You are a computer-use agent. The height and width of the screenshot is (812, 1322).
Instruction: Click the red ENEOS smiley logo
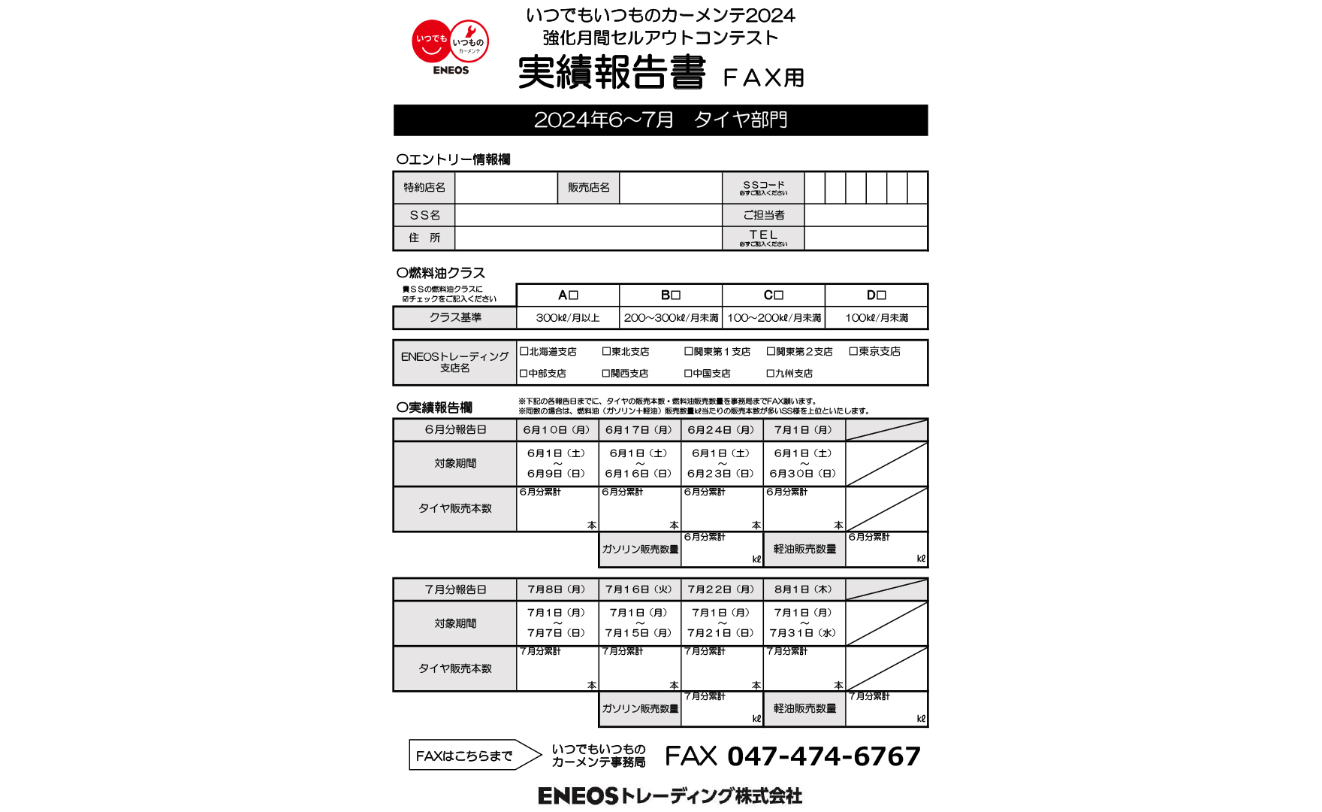coord(450,45)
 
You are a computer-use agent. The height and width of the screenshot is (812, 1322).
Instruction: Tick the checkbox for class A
coord(574,295)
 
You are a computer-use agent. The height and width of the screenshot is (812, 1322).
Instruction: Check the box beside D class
coord(882,295)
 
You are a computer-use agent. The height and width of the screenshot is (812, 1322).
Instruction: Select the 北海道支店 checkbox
coord(524,351)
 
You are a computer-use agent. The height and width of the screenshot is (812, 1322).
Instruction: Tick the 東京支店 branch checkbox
coord(853,351)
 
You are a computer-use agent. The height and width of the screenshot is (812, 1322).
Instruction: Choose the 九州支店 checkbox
coord(771,373)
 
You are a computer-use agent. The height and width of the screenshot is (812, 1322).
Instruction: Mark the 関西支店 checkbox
coord(606,373)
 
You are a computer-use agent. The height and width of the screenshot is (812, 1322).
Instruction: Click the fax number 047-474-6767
coord(824,756)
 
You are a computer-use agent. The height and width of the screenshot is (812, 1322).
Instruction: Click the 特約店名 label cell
coord(424,187)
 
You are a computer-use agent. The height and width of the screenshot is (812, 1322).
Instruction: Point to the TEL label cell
coord(763,238)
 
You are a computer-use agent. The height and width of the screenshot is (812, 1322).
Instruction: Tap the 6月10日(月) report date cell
coord(557,430)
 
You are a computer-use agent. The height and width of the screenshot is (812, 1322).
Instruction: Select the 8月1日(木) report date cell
coord(804,589)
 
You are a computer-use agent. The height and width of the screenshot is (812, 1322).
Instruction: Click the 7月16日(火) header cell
coord(639,589)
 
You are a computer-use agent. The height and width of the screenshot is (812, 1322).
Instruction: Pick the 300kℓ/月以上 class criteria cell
coord(568,318)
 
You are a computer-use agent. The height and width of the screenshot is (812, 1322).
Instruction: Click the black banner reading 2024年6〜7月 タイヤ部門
coord(660,120)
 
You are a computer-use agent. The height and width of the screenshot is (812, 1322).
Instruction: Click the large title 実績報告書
coord(612,73)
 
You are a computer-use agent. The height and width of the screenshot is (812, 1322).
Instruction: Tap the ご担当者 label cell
coord(763,215)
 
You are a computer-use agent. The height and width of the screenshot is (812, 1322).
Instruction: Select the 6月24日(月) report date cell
coord(721,430)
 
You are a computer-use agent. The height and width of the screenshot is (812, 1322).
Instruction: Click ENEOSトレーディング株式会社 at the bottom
coord(670,795)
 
